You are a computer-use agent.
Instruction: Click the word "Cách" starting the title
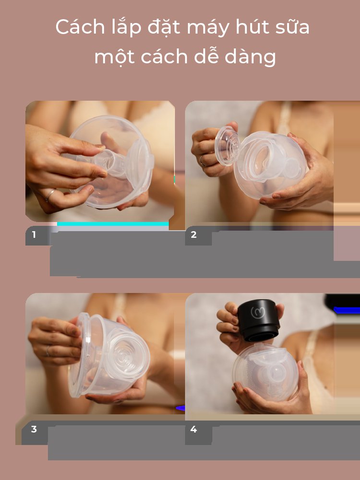(76, 27)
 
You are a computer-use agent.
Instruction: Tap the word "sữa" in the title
(294, 27)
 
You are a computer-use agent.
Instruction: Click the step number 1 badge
(34, 235)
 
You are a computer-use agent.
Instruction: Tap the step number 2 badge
(194, 235)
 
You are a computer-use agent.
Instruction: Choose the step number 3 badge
(34, 429)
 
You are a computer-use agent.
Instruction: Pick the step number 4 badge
(194, 429)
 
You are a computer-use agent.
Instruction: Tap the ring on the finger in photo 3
(48, 351)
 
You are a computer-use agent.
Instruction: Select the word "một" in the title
(114, 57)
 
